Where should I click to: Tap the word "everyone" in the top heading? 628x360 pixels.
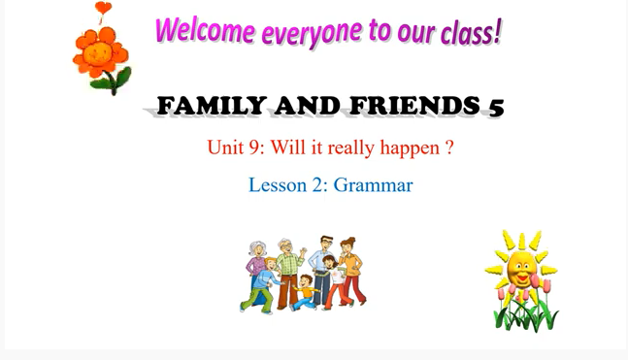click(x=303, y=33)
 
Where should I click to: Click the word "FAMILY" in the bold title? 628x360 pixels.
click(x=206, y=106)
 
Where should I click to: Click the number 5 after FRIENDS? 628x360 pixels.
click(x=496, y=107)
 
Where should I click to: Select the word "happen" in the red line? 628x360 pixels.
click(x=413, y=149)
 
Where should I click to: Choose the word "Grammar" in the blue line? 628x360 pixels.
click(x=374, y=184)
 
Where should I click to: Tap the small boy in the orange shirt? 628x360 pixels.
click(x=307, y=290)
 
